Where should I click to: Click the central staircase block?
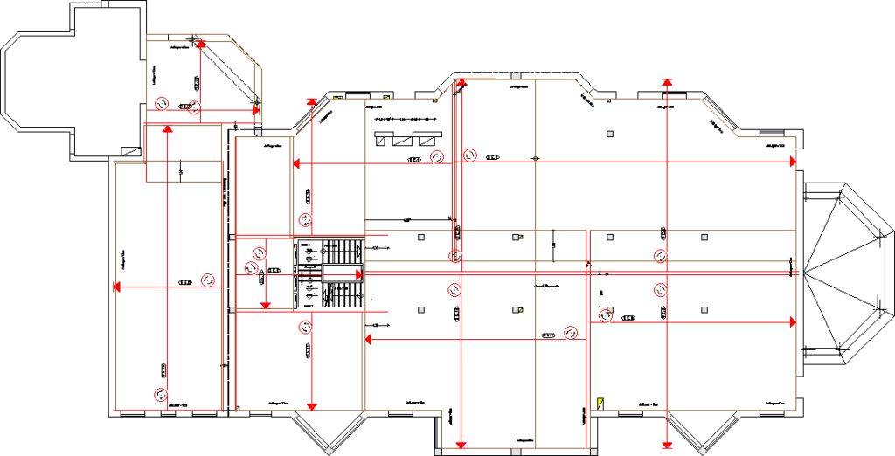tap(331, 274)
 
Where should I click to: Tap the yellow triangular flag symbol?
tap(600, 403)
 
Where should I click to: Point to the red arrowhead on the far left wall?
tap(115, 286)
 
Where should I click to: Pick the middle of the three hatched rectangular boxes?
tap(404, 138)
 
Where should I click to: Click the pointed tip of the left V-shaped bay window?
tap(330, 453)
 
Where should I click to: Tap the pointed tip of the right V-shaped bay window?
tap(700, 453)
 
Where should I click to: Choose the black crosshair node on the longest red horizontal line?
tap(536, 158)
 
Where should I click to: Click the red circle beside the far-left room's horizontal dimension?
tap(208, 280)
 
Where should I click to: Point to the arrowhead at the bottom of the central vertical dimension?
tap(461, 442)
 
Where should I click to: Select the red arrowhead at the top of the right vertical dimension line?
tap(667, 82)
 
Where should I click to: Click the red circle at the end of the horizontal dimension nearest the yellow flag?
tap(572, 331)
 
